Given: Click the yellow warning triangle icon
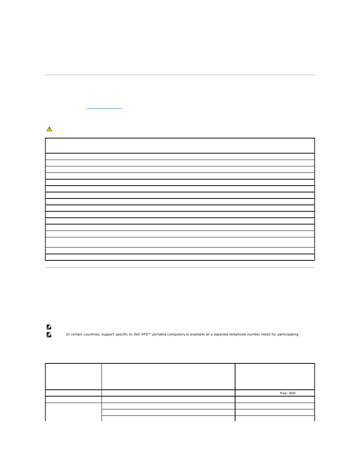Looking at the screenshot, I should click(x=49, y=129).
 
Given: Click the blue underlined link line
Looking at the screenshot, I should click(x=105, y=109).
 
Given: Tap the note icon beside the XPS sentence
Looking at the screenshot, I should click(x=49, y=335).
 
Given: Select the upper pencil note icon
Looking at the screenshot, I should click(x=49, y=327).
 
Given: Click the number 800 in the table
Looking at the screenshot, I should click(x=292, y=393).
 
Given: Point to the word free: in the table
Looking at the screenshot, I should click(x=284, y=393).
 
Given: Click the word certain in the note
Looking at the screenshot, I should click(x=77, y=334).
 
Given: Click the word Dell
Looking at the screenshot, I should click(x=146, y=334).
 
